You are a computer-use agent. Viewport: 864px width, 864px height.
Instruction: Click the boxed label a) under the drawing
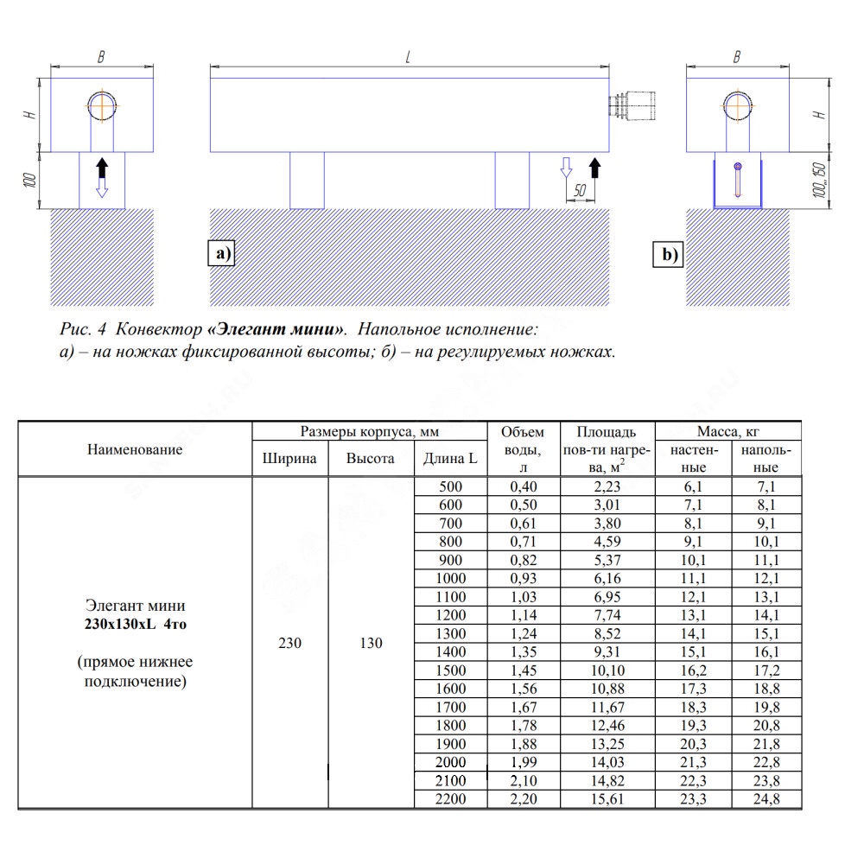pos(221,253)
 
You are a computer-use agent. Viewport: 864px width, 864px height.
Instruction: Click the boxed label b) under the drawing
pos(669,254)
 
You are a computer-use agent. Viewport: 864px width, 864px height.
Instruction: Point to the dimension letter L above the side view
pos(408,57)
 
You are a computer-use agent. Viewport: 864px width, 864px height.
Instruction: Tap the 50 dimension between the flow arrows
pos(580,190)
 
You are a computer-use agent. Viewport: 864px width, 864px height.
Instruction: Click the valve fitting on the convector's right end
pos(632,105)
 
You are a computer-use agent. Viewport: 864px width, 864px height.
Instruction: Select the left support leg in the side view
pos(307,181)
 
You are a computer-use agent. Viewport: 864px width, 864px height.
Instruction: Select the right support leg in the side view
pos(511,181)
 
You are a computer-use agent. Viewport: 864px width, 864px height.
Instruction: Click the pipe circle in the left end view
pos(102,105)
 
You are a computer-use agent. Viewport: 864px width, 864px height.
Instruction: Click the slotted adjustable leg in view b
pos(738,181)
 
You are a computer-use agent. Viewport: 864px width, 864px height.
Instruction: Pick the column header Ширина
pos(289,459)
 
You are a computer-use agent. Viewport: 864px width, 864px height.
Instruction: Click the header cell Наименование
pos(135,449)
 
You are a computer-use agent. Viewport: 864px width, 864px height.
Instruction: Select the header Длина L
pos(450,459)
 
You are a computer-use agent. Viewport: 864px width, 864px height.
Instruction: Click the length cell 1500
pos(451,670)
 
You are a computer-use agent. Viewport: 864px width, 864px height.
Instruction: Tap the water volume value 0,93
pos(523,579)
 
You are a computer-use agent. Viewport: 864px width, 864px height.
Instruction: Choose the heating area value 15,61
pos(607,799)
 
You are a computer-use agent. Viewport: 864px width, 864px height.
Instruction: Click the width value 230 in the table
pos(289,643)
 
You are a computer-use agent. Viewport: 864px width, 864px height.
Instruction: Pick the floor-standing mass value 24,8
pos(766,799)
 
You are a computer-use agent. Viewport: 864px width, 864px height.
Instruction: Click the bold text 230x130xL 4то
pos(136,625)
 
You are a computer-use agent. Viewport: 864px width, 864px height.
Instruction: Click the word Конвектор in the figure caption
pos(159,329)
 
